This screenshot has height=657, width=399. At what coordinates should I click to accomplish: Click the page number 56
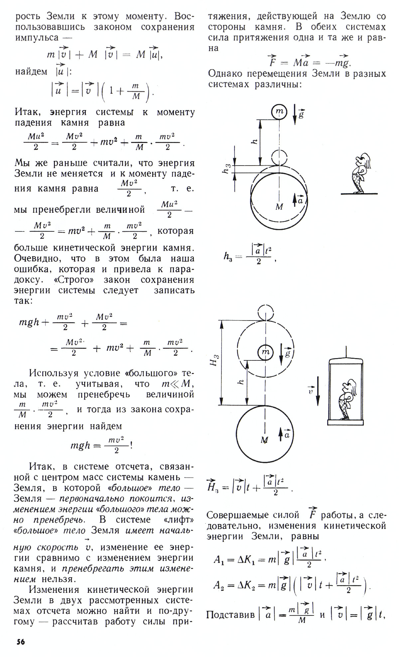click(21, 641)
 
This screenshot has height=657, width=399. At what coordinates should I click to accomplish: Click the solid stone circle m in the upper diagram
click(279, 112)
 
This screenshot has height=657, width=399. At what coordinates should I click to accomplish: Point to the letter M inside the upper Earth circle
click(279, 207)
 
